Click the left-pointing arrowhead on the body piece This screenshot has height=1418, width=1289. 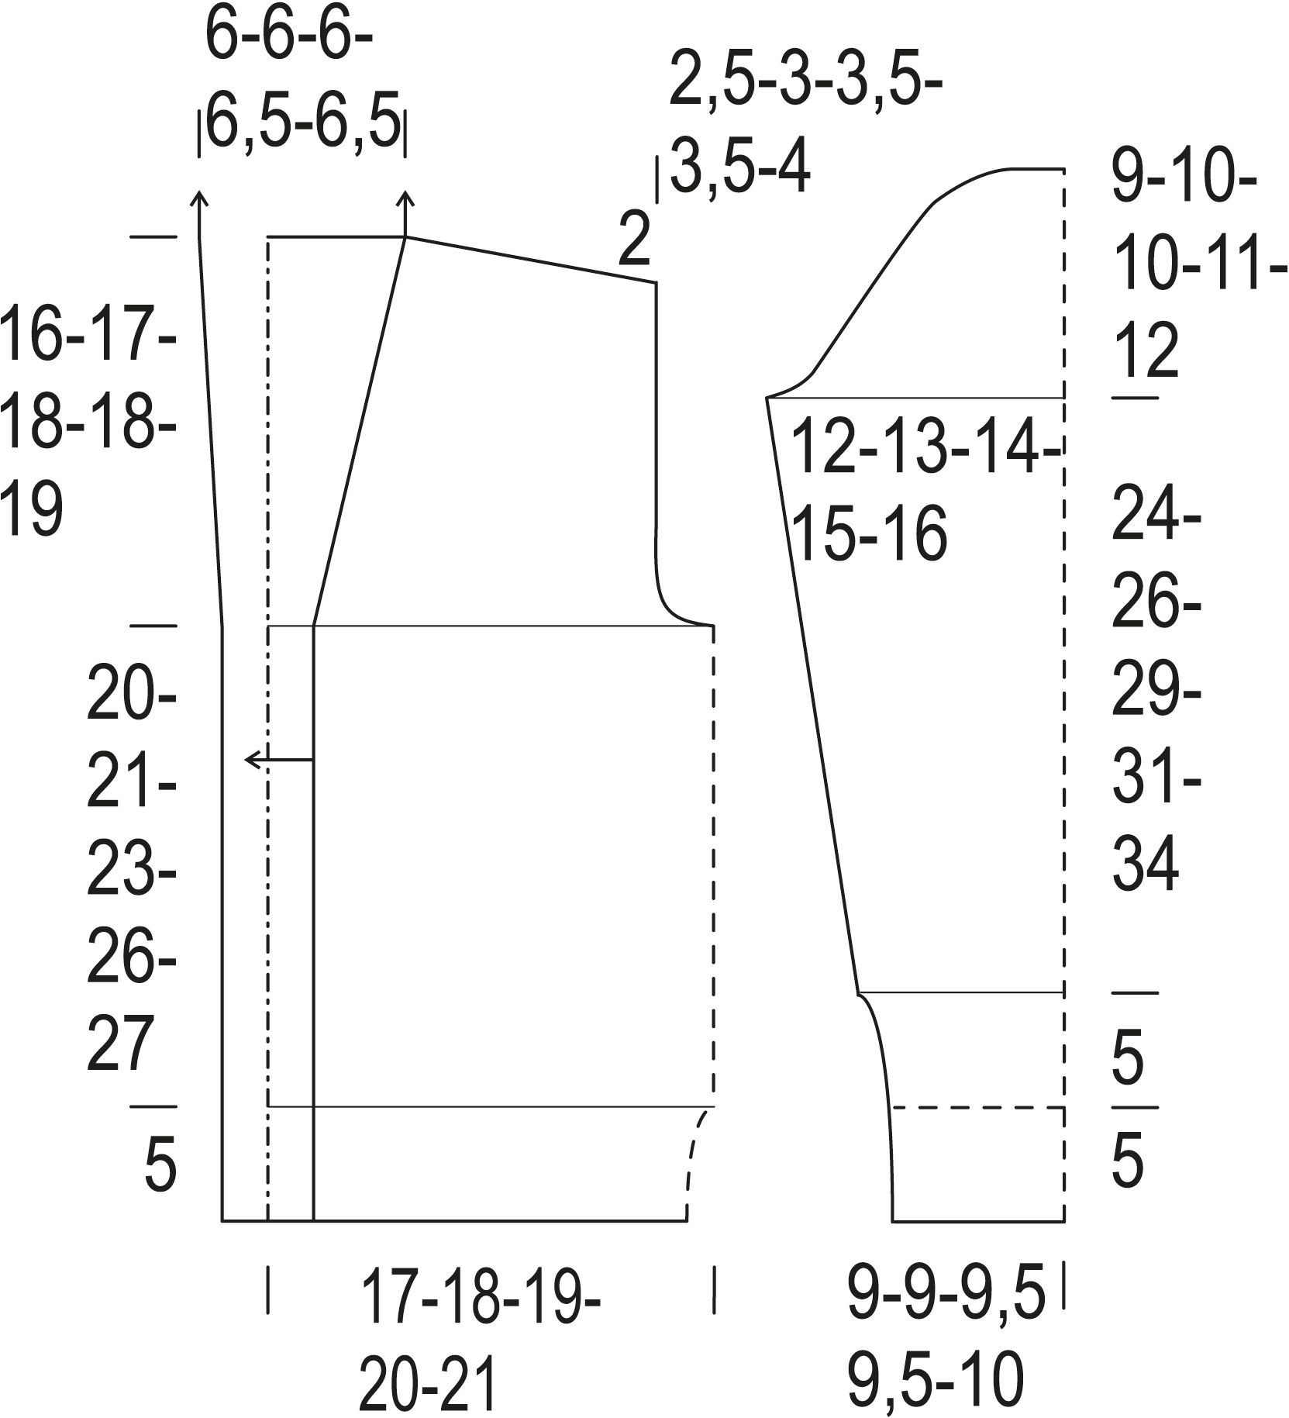[x=252, y=760]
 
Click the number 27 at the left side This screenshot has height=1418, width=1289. [x=118, y=1047]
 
